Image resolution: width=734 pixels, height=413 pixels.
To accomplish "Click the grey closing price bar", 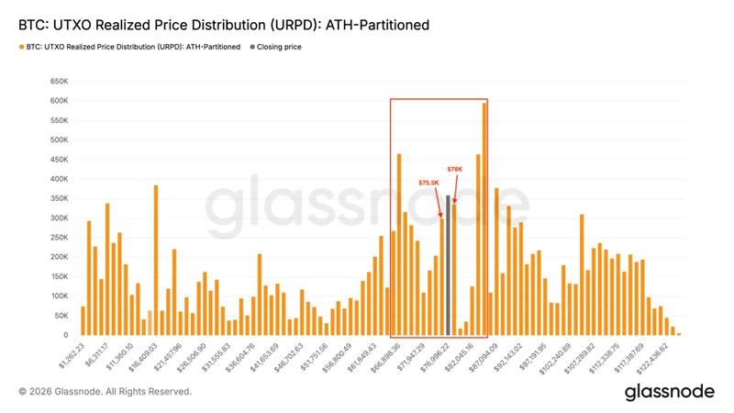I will pyautogui.click(x=448, y=266).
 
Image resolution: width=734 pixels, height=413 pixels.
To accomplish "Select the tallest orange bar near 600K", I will pyautogui.click(x=484, y=220).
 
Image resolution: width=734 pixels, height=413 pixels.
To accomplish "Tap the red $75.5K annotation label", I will pyautogui.click(x=430, y=183).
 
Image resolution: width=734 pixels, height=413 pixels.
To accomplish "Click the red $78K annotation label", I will pyautogui.click(x=455, y=170).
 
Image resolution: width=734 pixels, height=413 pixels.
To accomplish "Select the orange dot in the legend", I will pyautogui.click(x=21, y=46).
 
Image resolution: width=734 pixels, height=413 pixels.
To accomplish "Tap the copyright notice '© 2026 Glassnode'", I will pyautogui.click(x=105, y=391).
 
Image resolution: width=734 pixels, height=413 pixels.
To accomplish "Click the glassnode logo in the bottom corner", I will pyautogui.click(x=669, y=391).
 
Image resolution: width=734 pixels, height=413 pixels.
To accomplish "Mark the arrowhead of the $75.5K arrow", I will pyautogui.click(x=441, y=218).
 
